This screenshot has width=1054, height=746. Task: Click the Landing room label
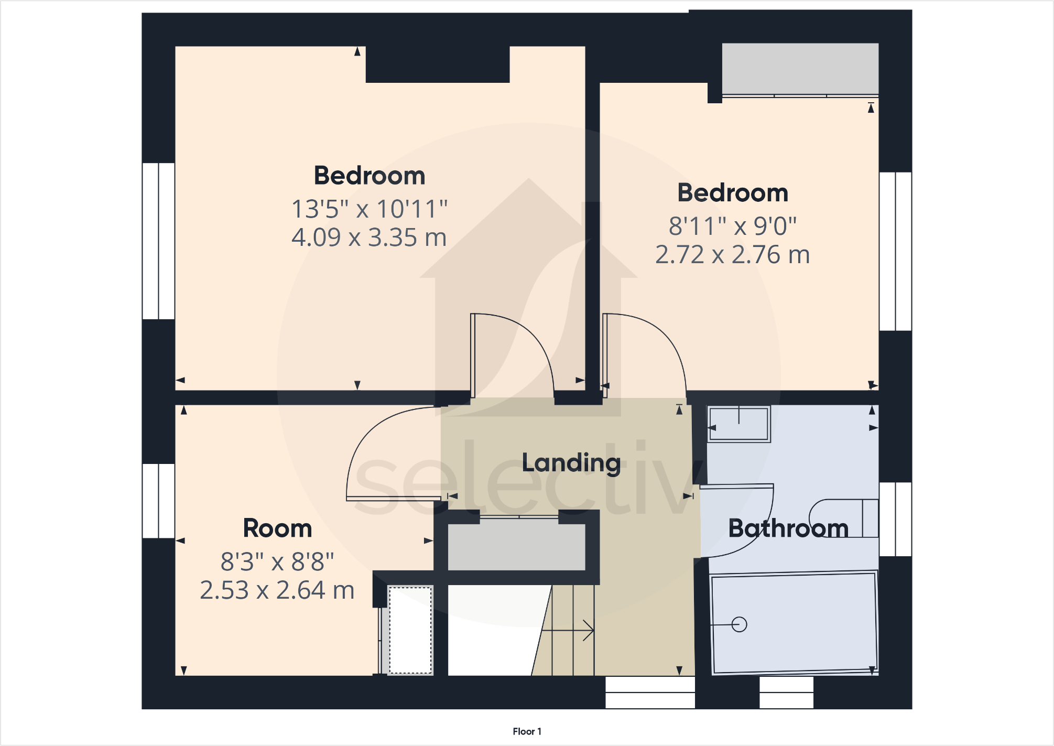571,463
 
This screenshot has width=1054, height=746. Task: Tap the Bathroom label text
788,528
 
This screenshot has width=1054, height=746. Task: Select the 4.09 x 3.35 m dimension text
369,237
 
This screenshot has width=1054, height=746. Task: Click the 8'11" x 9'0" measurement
732,226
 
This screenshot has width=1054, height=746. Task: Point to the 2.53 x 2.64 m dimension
277,590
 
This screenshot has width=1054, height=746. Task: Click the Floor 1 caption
527,731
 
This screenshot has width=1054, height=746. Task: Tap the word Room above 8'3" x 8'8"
277,528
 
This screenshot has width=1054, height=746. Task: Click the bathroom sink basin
738,424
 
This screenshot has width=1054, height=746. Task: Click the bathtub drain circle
739,624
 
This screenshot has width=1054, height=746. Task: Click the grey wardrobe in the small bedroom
800,69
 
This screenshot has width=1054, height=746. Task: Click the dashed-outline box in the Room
410,630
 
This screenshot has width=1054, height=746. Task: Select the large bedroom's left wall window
158,241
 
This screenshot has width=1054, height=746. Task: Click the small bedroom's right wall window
895,251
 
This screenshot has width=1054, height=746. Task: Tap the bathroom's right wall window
895,519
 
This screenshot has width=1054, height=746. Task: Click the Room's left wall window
158,501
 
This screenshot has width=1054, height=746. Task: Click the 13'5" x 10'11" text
369,209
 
